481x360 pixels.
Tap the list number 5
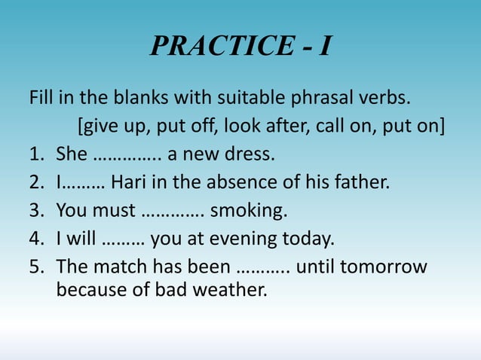point(36,267)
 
